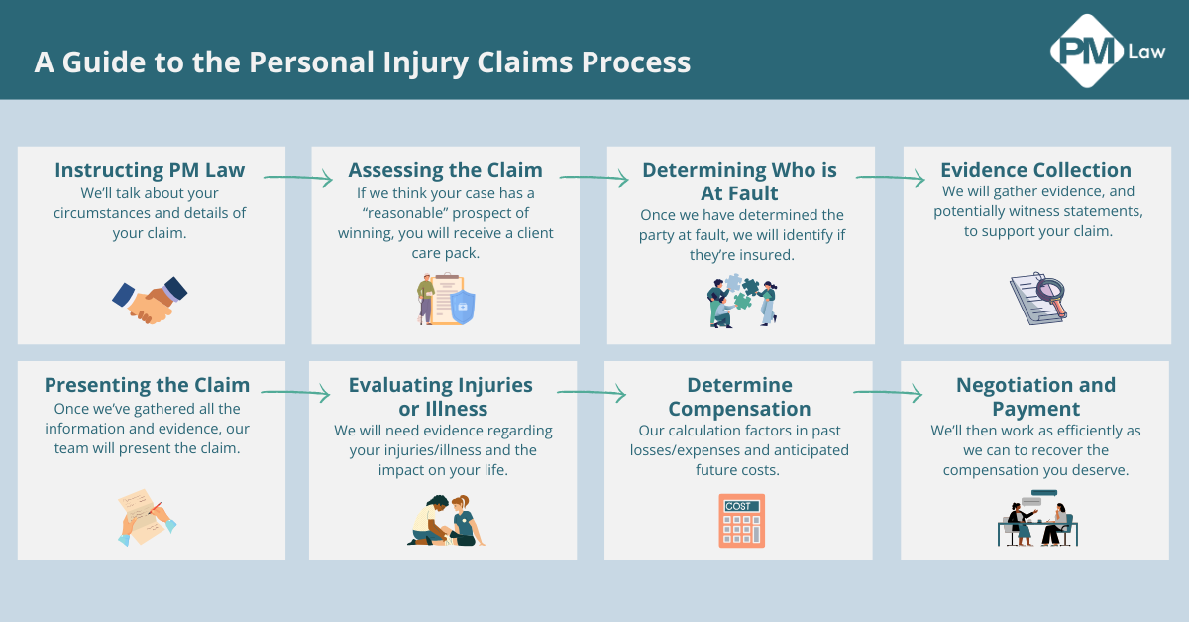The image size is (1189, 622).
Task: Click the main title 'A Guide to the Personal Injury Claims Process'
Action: [363, 62]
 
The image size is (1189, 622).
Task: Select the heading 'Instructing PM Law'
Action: [150, 170]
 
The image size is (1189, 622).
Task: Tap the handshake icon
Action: [150, 299]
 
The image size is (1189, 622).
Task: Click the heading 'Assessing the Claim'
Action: [445, 170]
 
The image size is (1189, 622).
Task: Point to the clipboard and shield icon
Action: [445, 299]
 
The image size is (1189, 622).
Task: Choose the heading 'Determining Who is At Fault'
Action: [739, 182]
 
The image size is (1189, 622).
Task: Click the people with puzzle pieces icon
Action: [741, 301]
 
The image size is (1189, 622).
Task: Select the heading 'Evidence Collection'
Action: [1035, 170]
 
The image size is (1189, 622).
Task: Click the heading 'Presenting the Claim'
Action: [148, 385]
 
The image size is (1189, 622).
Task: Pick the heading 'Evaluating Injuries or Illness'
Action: [440, 396]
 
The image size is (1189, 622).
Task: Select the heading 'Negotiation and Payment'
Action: [1035, 396]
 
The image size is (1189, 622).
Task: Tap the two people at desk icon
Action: [1036, 519]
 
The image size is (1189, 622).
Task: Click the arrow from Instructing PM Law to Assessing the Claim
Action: [298, 179]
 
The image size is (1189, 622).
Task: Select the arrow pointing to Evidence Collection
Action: [890, 179]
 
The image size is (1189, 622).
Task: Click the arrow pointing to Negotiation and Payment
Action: [888, 394]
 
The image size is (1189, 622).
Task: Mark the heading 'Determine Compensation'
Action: [739, 396]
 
